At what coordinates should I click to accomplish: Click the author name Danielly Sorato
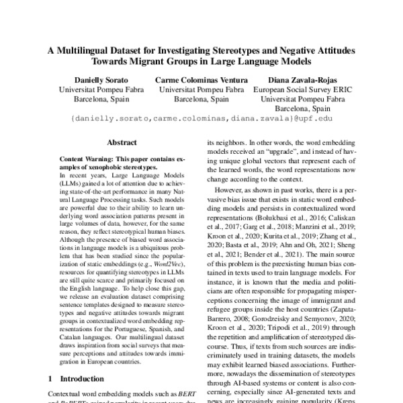click(92, 79)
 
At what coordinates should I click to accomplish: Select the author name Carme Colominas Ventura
click(201, 79)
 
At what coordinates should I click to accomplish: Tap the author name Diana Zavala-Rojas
click(303, 79)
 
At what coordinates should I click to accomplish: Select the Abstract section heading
click(120, 142)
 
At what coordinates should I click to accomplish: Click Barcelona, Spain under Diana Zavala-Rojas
click(303, 107)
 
